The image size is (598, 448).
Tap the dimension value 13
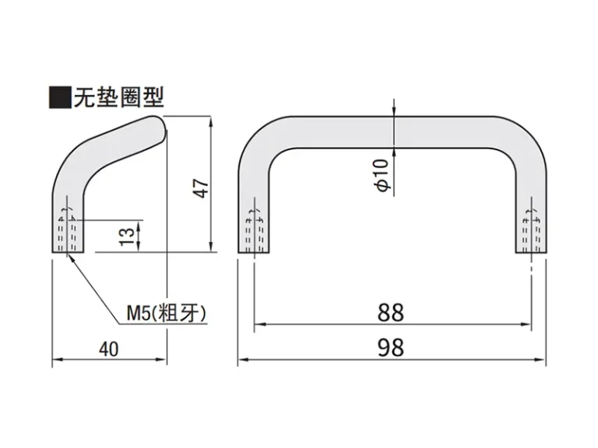tap(128, 237)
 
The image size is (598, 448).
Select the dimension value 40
tap(109, 349)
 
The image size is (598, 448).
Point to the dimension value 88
tap(391, 313)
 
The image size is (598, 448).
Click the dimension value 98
tap(391, 347)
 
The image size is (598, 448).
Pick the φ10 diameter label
tap(382, 175)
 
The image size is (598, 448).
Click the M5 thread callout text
tap(167, 313)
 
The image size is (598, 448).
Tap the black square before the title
tap(60, 97)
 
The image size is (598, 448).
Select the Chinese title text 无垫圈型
tap(119, 97)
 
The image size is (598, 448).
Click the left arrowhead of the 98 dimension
tap(243, 359)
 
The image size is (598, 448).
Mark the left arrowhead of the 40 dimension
tap(57, 359)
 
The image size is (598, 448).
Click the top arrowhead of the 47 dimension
tap(210, 122)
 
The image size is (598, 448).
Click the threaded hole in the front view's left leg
tap(255, 232)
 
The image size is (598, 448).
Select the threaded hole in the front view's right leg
tap(532, 232)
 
